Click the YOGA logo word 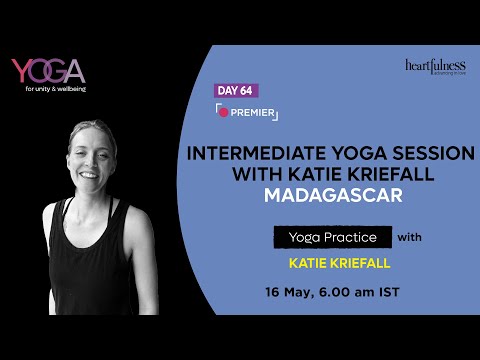(x=48, y=71)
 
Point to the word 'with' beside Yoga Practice (x=411, y=238)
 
